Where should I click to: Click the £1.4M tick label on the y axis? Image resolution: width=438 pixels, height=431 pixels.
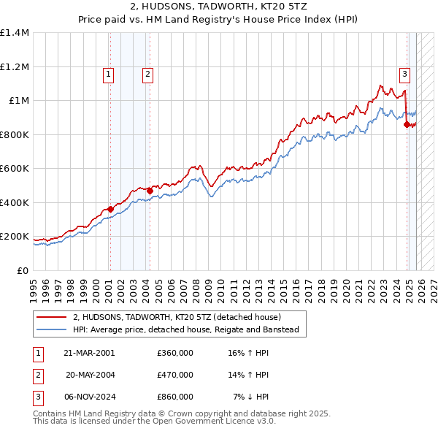pyautogui.click(x=15, y=33)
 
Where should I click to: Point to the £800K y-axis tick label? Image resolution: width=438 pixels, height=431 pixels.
pyautogui.click(x=15, y=134)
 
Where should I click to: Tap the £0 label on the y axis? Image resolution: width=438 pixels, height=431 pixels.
pyautogui.click(x=23, y=270)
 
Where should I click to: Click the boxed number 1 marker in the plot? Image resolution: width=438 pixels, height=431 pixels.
pyautogui.click(x=108, y=73)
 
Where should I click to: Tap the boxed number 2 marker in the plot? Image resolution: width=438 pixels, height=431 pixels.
pyautogui.click(x=147, y=73)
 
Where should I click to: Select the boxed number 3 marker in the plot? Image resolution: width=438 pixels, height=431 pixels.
pyautogui.click(x=404, y=73)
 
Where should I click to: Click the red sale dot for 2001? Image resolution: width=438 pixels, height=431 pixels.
pyautogui.click(x=110, y=210)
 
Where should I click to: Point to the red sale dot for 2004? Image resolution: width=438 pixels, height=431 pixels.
pyautogui.click(x=150, y=191)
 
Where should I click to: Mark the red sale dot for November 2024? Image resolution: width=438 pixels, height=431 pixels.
pyautogui.click(x=407, y=125)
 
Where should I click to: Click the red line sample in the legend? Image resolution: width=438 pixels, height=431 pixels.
pyautogui.click(x=50, y=317)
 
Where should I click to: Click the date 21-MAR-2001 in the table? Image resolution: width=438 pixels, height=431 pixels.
pyautogui.click(x=89, y=353)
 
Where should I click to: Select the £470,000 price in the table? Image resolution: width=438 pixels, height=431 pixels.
pyautogui.click(x=175, y=375)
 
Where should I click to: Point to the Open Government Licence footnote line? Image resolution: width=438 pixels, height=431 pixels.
pyautogui.click(x=154, y=422)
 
